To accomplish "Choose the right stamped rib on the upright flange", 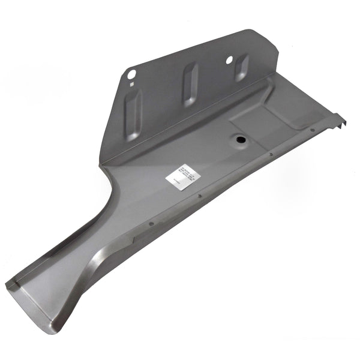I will click(241, 68).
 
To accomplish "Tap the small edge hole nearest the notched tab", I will click(313, 130).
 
